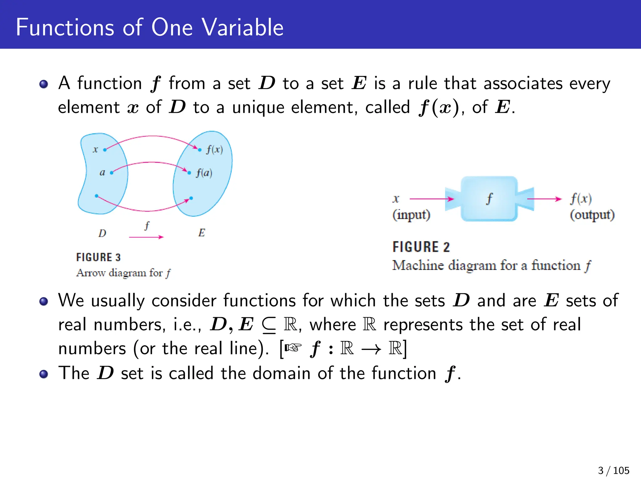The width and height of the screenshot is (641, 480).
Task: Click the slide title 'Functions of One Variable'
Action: point(150,27)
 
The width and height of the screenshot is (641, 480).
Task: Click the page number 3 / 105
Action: point(613,470)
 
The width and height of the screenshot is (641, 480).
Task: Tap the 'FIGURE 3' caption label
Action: point(98,257)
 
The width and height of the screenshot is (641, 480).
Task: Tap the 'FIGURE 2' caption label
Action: point(421,247)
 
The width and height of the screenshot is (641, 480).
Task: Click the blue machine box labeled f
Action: point(489,199)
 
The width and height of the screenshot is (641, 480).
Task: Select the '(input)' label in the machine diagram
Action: point(411,215)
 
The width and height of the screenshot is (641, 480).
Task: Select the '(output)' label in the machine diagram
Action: point(592,215)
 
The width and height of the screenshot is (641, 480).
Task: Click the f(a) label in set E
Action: point(204,173)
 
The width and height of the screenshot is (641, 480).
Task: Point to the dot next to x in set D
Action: point(105,150)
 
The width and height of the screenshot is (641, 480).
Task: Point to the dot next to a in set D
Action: point(112,172)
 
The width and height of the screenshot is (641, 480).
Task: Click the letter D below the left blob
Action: point(102,233)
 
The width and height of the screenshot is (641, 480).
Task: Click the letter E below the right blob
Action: point(202,233)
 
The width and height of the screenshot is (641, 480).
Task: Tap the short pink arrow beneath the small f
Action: point(146,237)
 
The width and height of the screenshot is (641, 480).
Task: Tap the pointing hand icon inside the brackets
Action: point(293,347)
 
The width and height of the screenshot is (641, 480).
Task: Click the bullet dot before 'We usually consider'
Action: point(44,301)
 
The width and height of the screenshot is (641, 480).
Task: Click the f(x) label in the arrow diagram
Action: point(214,150)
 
